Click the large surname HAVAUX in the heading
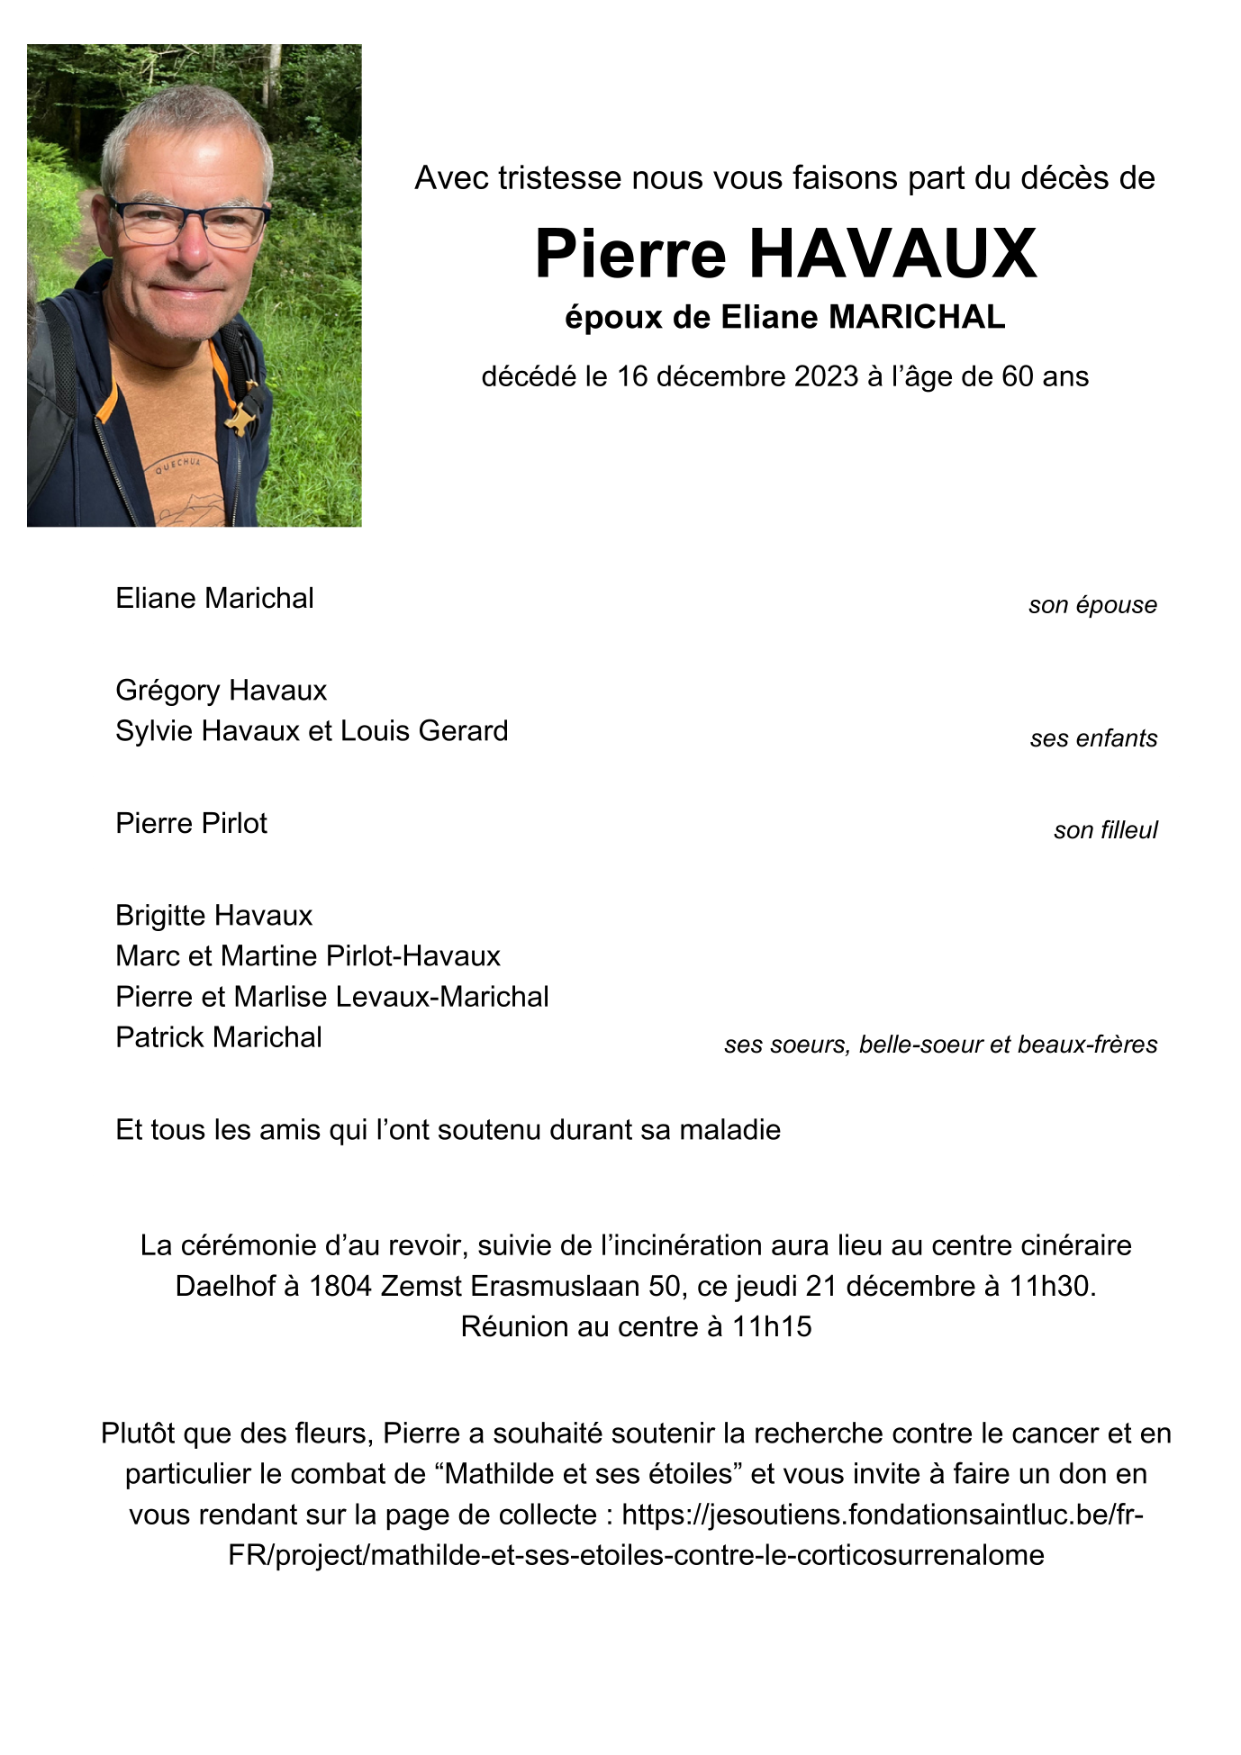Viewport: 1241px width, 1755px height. pos(892,254)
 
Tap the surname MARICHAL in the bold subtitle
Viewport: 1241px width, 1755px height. pos(916,317)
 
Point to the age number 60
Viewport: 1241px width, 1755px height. pos(1017,376)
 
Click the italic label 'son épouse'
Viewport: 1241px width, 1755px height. pos(1092,605)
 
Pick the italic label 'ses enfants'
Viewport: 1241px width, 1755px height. pos(1093,738)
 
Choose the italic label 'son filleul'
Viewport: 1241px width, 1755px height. pos(1105,830)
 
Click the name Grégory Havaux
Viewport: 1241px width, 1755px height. pos(221,691)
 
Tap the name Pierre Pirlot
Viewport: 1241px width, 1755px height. pos(191,824)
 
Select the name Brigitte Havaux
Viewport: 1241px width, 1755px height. pos(213,916)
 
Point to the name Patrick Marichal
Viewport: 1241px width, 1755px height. pos(218,1037)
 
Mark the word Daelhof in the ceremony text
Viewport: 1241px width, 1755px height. pos(225,1286)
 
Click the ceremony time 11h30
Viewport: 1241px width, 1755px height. pos(1048,1286)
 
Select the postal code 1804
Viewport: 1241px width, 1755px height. pos(340,1286)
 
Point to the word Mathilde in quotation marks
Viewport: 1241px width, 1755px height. pos(499,1474)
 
